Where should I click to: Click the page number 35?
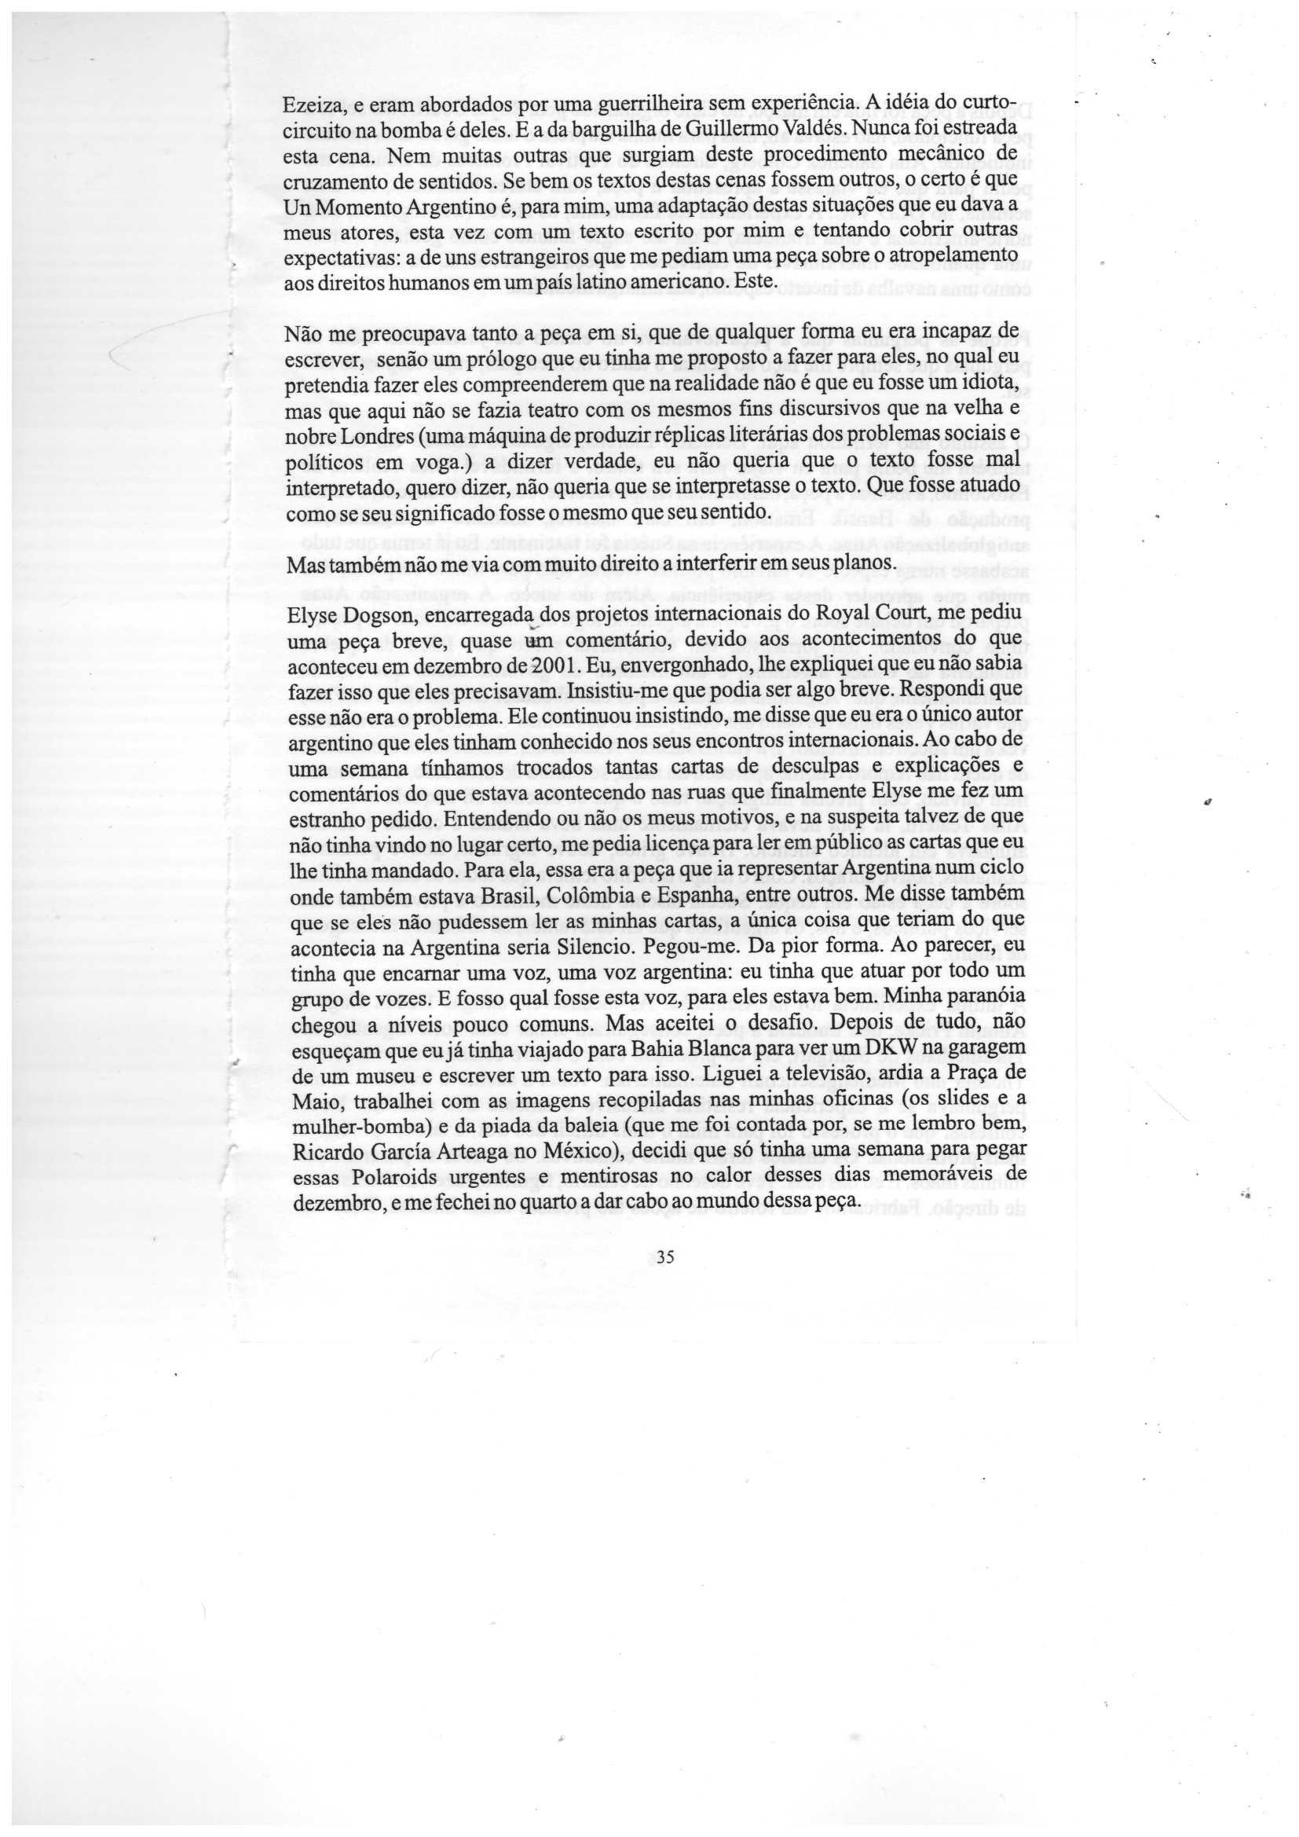tap(665, 1257)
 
